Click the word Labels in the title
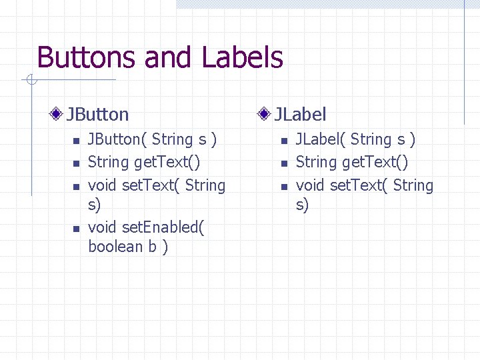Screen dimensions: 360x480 point(243,58)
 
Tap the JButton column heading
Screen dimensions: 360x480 point(97,115)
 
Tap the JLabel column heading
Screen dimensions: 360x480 point(301,115)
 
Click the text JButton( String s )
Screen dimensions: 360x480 point(152,139)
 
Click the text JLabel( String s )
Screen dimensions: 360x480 point(355,139)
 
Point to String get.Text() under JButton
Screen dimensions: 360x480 point(144,162)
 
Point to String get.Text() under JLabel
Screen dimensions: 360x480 point(351,162)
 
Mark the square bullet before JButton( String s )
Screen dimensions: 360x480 point(76,141)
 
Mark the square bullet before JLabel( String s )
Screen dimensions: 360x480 point(283,141)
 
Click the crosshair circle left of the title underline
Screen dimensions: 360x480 point(30,81)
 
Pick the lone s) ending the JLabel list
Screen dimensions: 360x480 point(302,205)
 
